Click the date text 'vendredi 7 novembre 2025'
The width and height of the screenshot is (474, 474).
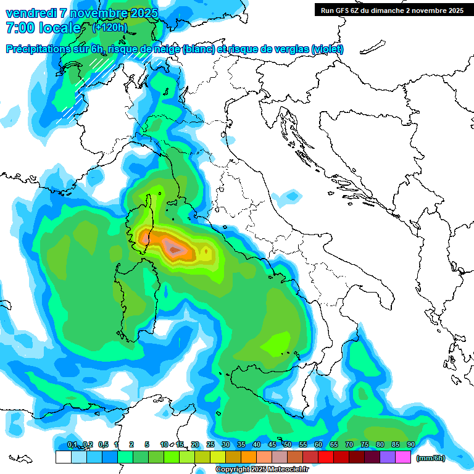pyautogui.click(x=81, y=13)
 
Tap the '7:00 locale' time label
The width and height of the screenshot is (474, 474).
pyautogui.click(x=43, y=28)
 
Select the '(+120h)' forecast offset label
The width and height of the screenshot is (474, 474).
pyautogui.click(x=110, y=27)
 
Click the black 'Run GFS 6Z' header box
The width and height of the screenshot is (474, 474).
pyautogui.click(x=392, y=10)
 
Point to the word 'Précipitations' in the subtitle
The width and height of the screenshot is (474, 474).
pyautogui.click(x=36, y=49)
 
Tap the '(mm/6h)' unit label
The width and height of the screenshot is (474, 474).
pyautogui.click(x=430, y=457)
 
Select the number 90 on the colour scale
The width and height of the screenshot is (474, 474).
pyautogui.click(x=410, y=444)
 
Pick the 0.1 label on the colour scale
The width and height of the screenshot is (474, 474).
pyautogui.click(x=72, y=444)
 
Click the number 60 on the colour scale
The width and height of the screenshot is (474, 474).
pyautogui.click(x=318, y=444)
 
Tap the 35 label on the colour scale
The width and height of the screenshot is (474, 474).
pyautogui.click(x=241, y=444)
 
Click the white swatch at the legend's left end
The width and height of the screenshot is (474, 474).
pyautogui.click(x=63, y=457)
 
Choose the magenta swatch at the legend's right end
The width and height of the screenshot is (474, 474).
pyautogui.click(x=403, y=457)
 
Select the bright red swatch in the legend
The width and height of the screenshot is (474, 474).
pyautogui.click(x=326, y=457)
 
